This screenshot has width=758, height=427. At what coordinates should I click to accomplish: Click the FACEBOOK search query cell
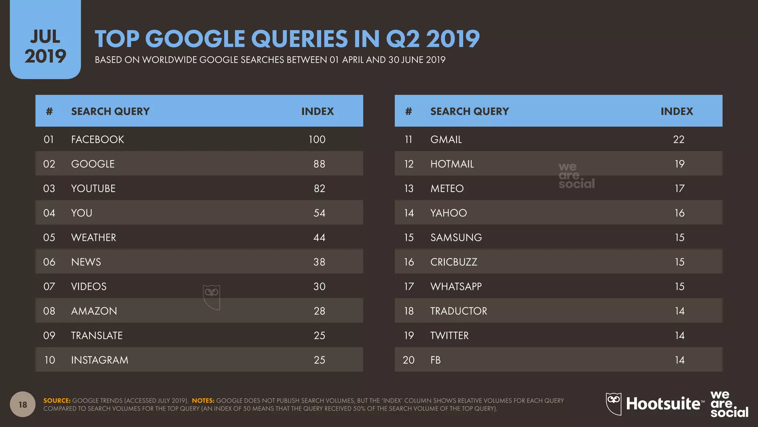(97, 139)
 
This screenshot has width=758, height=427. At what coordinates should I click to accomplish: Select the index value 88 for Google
(319, 164)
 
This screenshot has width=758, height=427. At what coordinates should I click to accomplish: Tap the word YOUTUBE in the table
(93, 188)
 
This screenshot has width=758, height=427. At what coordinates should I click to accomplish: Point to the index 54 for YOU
(319, 213)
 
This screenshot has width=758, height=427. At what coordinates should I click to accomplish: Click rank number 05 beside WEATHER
(49, 237)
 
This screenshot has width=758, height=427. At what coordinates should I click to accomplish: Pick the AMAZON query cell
(94, 311)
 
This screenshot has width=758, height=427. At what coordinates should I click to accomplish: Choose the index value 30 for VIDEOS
(319, 286)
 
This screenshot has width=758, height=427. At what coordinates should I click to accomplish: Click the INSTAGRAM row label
(100, 360)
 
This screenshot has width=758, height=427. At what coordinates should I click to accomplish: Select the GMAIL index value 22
(678, 139)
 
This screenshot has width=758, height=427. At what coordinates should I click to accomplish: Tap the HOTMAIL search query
(452, 164)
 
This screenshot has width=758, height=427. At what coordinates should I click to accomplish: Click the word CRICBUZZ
(454, 262)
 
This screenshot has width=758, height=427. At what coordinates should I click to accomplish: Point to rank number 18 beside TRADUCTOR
(409, 311)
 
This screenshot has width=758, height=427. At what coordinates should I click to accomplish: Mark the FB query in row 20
(435, 360)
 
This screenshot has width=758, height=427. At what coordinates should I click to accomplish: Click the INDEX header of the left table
(317, 111)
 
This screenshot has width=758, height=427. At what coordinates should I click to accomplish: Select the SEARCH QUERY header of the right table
(469, 111)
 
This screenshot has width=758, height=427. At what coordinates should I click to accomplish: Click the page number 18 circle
(23, 404)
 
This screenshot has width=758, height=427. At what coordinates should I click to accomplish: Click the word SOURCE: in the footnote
(57, 400)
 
